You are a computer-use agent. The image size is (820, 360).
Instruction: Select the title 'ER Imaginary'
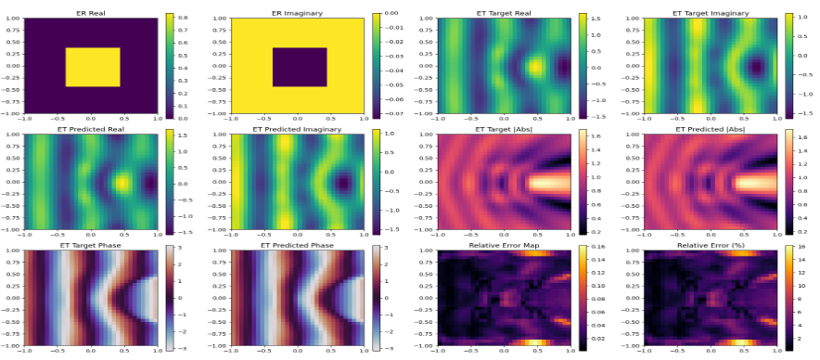pos(298,11)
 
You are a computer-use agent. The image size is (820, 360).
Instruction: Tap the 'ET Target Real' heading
pos(506,11)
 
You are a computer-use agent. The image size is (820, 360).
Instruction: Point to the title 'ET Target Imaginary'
pos(714,11)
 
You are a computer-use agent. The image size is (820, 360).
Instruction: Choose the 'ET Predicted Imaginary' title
pos(298,128)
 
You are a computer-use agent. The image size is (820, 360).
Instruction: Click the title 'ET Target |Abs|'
pos(506,128)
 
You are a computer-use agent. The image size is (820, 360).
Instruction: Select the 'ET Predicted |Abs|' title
pos(714,128)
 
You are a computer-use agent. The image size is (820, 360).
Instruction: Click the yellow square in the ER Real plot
pos(93,67)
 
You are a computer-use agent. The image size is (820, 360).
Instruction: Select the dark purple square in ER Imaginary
pos(300,67)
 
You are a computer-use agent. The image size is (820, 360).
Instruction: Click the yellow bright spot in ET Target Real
pos(535,67)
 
